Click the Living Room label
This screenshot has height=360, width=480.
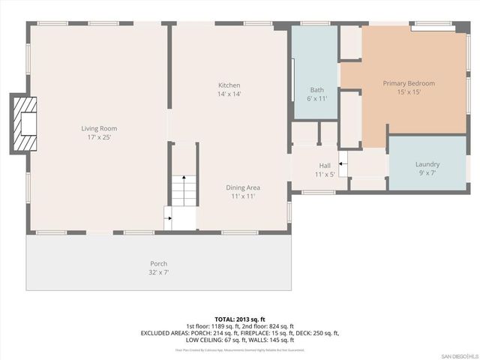[99, 128]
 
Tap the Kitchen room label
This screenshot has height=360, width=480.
[229, 85]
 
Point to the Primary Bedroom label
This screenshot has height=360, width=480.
[409, 83]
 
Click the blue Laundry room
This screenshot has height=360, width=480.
[427, 161]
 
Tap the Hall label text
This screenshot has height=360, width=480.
[324, 165]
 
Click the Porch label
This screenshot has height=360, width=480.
[158, 263]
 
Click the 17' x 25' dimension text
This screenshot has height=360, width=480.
[99, 138]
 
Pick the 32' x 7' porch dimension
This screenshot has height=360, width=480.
[158, 272]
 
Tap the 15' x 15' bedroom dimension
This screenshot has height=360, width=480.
[409, 92]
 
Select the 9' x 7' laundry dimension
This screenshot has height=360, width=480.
[427, 173]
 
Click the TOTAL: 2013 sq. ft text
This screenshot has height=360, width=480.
[240, 319]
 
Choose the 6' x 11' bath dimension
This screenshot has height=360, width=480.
[316, 98]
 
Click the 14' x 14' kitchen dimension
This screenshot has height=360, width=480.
[229, 94]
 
